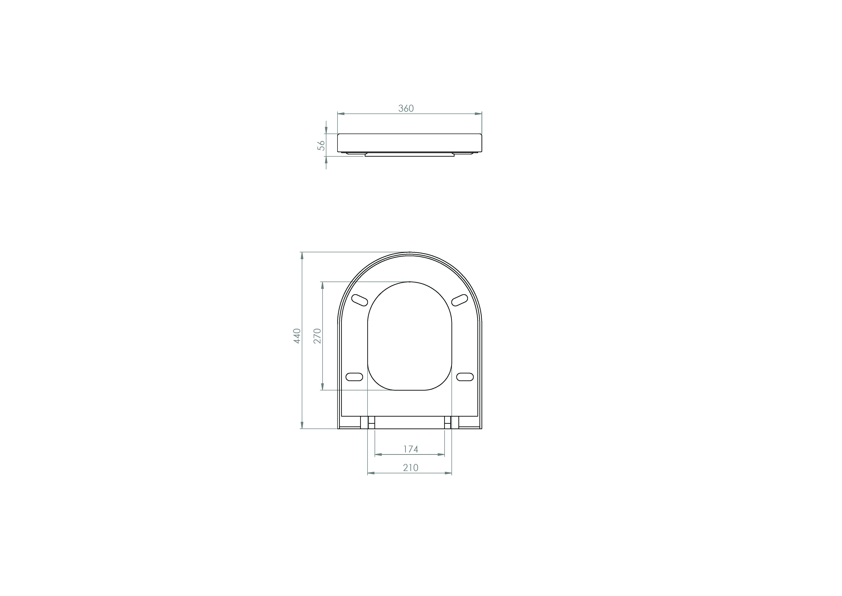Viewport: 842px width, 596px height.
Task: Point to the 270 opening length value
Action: coord(318,336)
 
